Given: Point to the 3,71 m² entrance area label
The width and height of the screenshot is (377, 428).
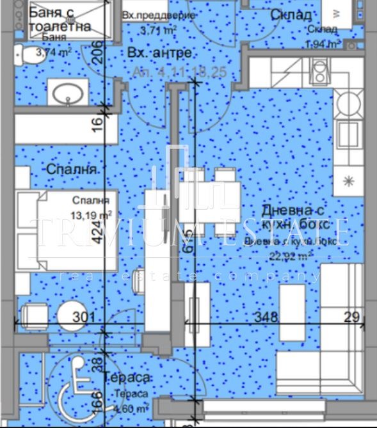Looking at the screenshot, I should [158, 29].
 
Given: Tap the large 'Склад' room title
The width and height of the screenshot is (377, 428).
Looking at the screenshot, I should [291, 15].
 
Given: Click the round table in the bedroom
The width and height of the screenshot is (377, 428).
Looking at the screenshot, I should [72, 316].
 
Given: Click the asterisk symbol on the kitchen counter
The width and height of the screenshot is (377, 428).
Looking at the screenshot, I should [349, 181].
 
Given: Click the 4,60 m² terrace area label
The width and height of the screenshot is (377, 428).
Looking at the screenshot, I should [133, 408].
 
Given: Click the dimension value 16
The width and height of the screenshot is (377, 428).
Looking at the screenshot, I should [98, 124].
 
